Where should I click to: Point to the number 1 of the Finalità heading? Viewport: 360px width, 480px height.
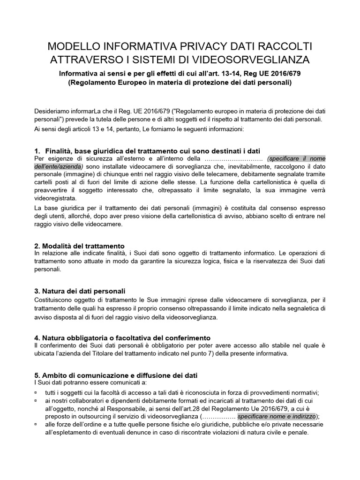coord(37,151)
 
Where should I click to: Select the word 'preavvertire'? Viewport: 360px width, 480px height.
coord(52,190)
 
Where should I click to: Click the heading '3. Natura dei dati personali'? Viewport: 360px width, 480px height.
coord(80,291)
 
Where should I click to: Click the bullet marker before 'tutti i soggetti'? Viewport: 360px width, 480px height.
coord(37,393)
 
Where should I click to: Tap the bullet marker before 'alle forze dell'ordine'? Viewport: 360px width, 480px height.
coord(37,425)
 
